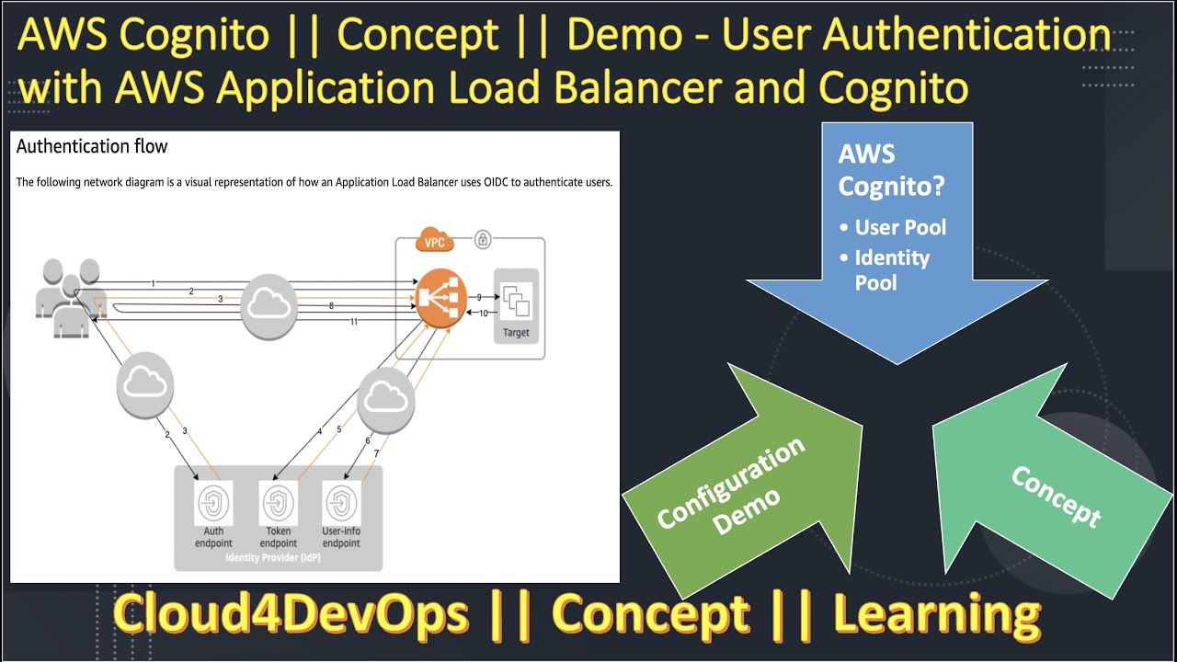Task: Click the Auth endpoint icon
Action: [213, 503]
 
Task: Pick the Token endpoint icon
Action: [278, 503]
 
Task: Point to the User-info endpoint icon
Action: [341, 503]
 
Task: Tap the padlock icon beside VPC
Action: [483, 240]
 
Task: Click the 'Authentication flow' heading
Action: [92, 146]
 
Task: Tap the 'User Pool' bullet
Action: [899, 227]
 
